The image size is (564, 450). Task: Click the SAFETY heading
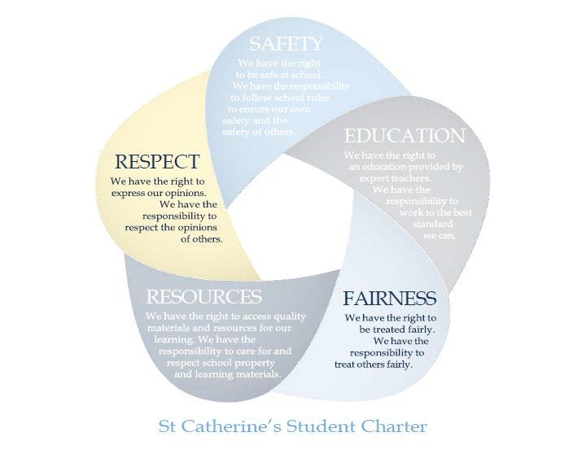(286, 43)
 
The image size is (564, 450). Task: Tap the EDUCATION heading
(404, 135)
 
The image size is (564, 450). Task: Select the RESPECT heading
(157, 161)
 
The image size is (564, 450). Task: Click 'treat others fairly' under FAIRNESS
(374, 365)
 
